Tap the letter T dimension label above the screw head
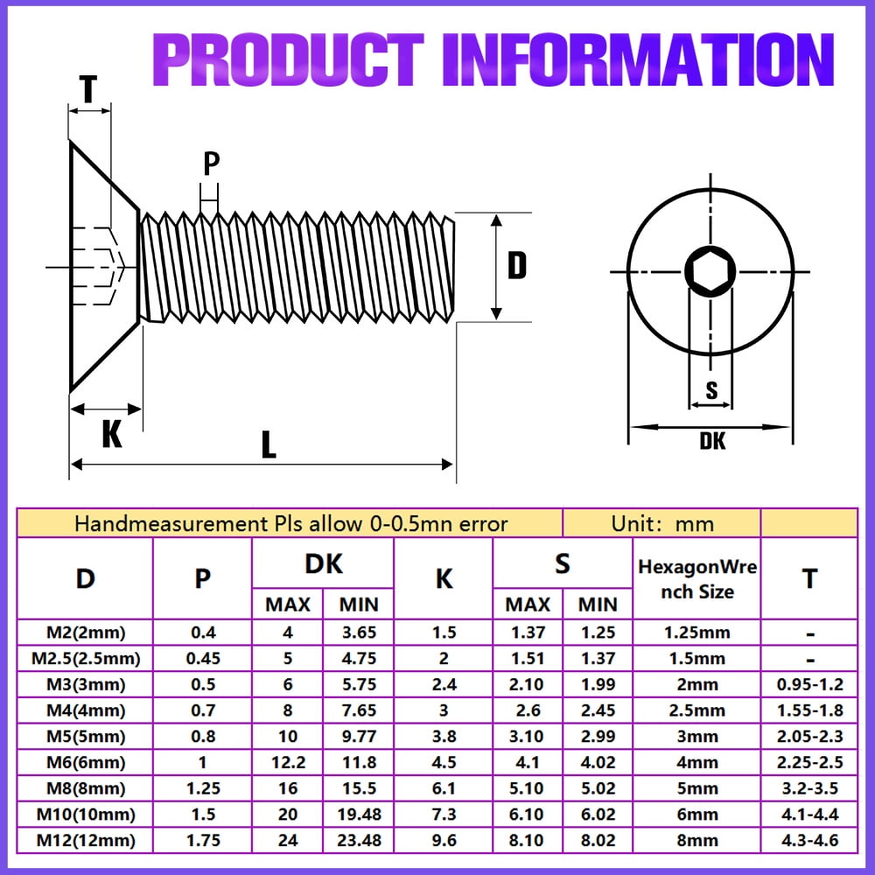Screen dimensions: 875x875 point(87,87)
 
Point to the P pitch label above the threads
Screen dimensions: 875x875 point(211,164)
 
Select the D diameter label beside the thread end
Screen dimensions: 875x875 point(517,265)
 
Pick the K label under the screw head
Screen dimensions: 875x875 point(112,434)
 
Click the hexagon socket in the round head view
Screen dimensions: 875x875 point(709,271)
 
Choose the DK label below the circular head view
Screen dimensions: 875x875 point(712,441)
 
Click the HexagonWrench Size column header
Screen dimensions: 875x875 point(697,579)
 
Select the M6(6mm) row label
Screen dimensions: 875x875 point(85,762)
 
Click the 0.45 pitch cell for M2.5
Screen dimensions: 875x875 point(202,658)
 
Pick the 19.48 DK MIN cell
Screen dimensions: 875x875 point(359,815)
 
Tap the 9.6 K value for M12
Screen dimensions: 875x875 point(444,841)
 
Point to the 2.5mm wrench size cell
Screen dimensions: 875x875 point(696,710)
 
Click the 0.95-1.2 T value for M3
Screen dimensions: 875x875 point(809,684)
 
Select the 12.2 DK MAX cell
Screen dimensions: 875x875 point(288,762)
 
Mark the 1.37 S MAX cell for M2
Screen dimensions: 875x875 point(528,632)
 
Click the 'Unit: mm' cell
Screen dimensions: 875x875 point(662,524)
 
